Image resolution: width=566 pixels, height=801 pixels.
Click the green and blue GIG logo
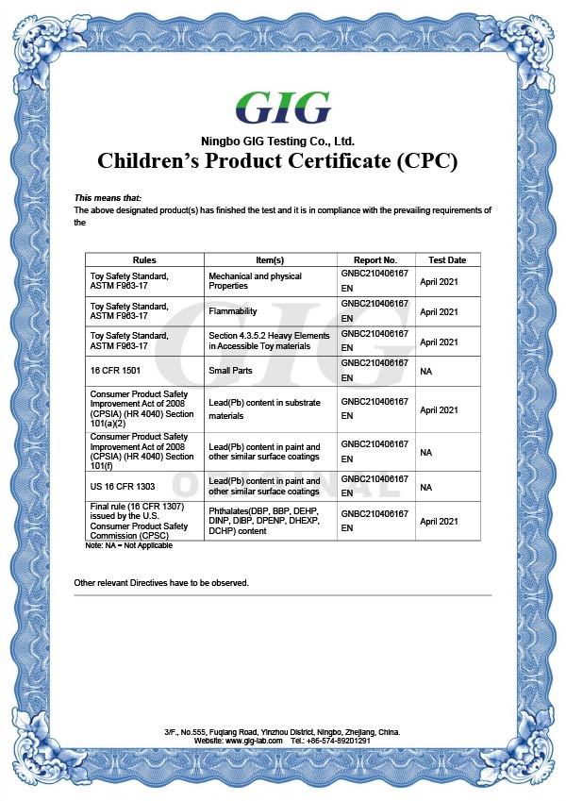pos(283,109)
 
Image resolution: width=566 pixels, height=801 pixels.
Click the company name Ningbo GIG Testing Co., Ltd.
pos(283,140)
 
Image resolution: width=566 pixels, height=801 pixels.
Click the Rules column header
pos(144,259)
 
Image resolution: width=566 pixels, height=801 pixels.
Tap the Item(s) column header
pos(270,259)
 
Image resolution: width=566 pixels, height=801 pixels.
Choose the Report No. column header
pos(375,259)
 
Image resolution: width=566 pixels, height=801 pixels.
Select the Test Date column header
pos(447,259)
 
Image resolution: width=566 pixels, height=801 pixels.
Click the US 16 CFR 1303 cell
pos(120,487)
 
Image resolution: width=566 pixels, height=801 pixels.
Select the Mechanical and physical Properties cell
pos(255,281)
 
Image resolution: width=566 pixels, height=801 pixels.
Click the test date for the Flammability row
pos(439,312)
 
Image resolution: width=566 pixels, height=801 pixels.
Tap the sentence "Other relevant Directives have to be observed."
pos(161,583)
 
